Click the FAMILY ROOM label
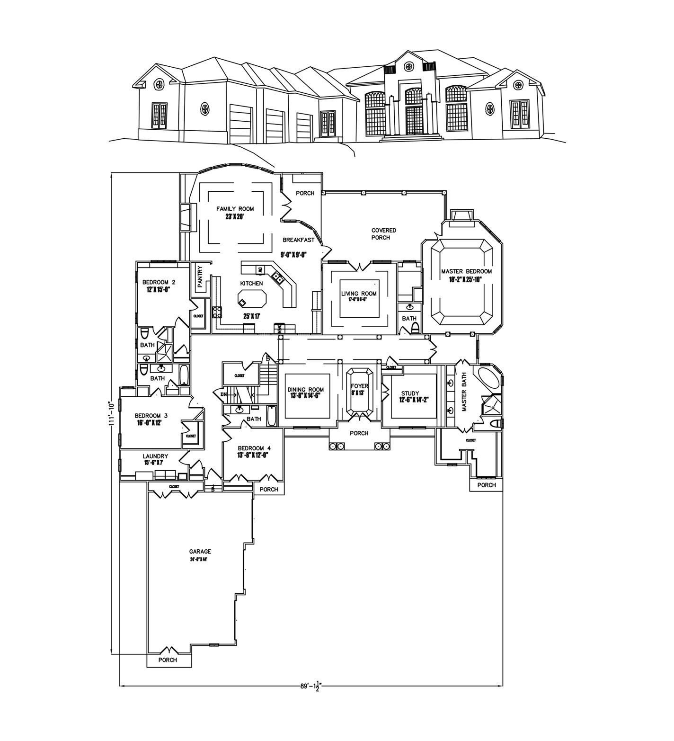tap(235, 209)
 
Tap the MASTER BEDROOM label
tap(466, 272)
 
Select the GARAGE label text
tap(200, 552)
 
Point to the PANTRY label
tap(200, 276)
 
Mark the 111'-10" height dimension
tap(112, 415)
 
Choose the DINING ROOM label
tap(305, 390)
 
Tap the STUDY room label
tap(410, 393)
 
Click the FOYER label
tap(359, 386)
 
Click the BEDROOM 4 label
tap(254, 448)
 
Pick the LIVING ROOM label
tap(359, 294)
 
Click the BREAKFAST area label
tap(298, 240)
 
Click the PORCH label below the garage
tap(168, 660)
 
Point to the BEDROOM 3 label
tap(151, 416)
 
